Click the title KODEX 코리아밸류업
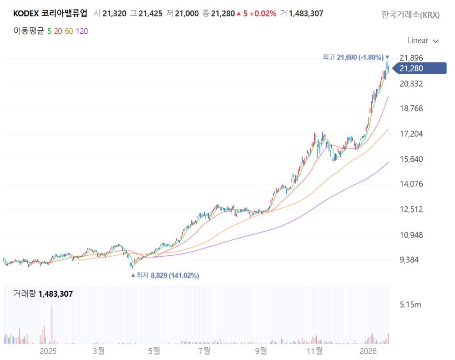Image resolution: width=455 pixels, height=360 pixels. tap(50, 14)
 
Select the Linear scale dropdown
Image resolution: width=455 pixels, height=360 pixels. tap(423, 41)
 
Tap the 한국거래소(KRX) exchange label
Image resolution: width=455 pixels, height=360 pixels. tap(410, 15)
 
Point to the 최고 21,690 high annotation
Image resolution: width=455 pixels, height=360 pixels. tap(353, 57)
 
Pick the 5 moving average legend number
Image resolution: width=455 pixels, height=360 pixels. tap(49, 31)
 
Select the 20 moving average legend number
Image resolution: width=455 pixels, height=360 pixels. tap(58, 31)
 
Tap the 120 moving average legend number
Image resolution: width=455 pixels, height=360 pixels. tap(82, 31)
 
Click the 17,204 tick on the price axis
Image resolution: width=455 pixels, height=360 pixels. tap(411, 134)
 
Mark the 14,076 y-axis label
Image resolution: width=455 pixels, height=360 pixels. tap(411, 184)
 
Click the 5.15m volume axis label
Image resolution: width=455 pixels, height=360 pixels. tap(410, 305)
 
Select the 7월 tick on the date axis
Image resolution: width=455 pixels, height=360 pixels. tap(204, 351)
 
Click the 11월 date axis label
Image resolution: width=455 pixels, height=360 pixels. tap(314, 351)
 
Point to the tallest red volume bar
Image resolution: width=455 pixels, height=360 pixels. tap(52, 323)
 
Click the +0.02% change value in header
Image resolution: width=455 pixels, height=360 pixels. tap(263, 14)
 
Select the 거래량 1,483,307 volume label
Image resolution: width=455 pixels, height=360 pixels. tap(43, 294)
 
